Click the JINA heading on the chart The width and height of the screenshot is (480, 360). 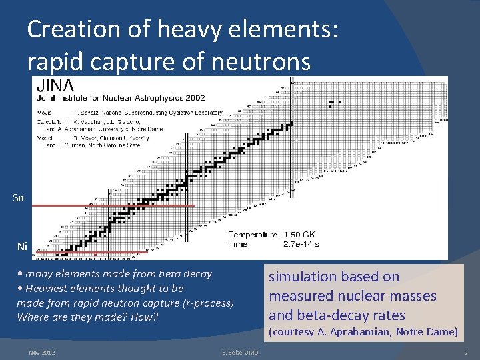pyautogui.click(x=55, y=86)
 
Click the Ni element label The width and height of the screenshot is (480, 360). pyautogui.click(x=21, y=247)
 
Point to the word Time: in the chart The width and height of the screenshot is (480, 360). pyautogui.click(x=240, y=244)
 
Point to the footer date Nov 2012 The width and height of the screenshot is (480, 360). pyautogui.click(x=42, y=351)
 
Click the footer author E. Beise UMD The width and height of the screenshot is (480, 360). pyautogui.click(x=239, y=351)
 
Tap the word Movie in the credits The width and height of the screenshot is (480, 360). pyautogui.click(x=45, y=113)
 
